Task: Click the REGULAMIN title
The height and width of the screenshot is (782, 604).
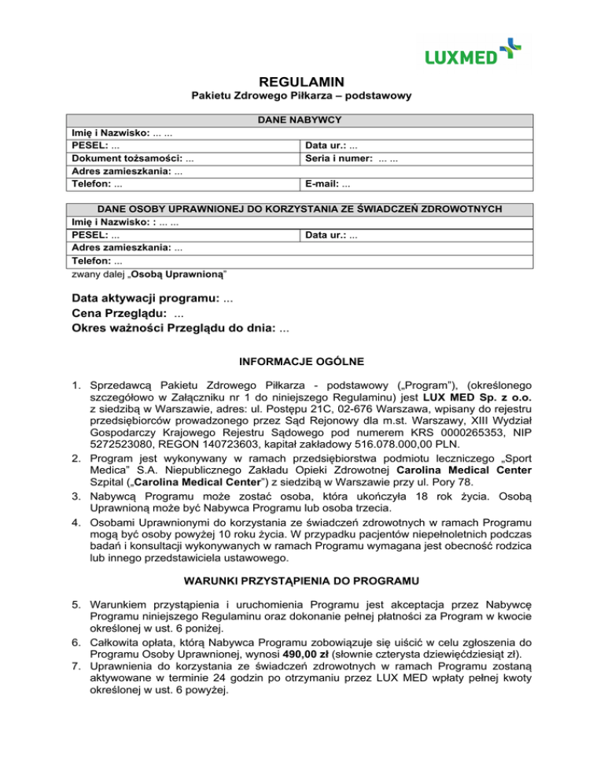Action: point(302,81)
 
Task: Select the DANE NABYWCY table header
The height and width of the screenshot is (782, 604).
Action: point(302,120)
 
